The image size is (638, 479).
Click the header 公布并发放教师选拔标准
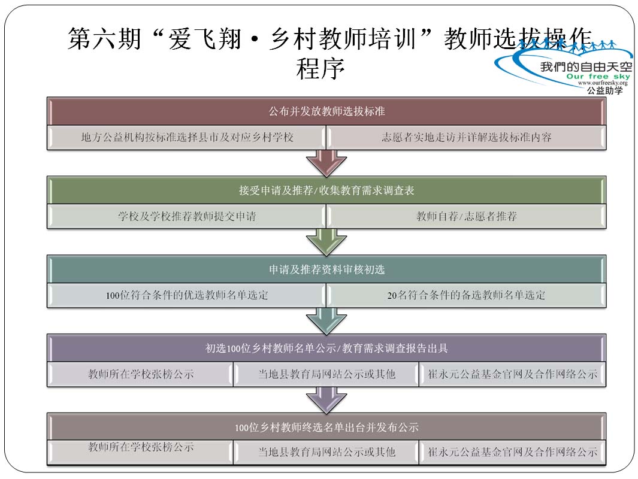(x=326, y=111)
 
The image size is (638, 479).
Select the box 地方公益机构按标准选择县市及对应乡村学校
(x=187, y=137)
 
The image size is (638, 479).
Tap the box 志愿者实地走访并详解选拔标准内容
(x=467, y=137)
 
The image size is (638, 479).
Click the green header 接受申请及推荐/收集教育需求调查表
(x=326, y=191)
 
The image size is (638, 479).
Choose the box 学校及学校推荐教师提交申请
(x=187, y=217)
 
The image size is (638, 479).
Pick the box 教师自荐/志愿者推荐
(x=467, y=217)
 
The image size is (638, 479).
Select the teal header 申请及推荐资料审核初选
(x=326, y=270)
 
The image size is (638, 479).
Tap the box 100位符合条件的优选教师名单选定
(x=187, y=295)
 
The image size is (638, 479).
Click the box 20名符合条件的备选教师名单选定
(x=467, y=295)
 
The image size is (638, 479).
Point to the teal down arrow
(x=326, y=321)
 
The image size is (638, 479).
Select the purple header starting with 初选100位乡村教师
(x=326, y=348)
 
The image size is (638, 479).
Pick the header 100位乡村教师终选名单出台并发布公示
(x=326, y=428)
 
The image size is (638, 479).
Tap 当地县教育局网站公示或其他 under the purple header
(x=326, y=375)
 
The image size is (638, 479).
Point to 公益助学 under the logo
(x=604, y=90)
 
